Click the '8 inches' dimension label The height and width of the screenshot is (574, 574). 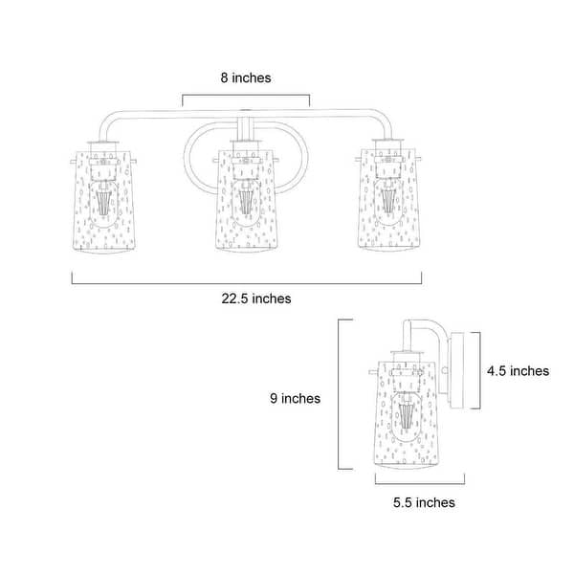(246, 78)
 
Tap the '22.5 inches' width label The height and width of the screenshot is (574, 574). (256, 298)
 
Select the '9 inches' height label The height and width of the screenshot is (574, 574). (295, 398)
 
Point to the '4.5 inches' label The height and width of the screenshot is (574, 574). (518, 371)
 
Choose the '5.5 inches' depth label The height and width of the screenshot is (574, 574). (424, 502)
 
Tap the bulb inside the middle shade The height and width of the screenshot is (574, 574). (246, 203)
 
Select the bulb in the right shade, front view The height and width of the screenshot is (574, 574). (388, 202)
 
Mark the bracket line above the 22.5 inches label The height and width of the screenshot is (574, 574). (247, 283)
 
